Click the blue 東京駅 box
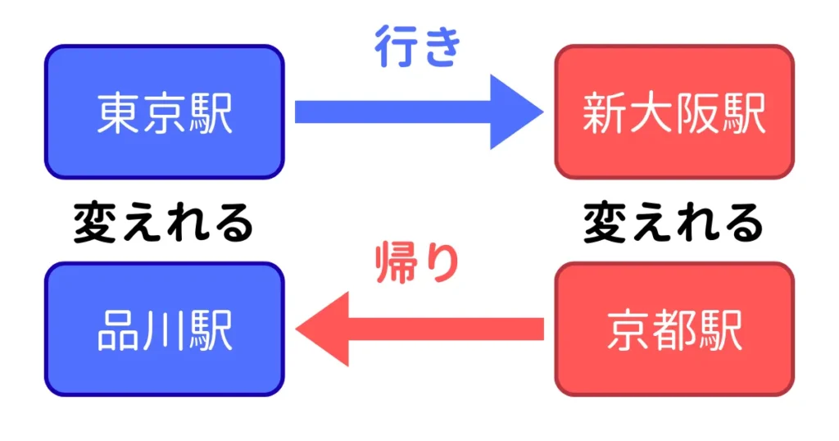pos(164,112)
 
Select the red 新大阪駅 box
pos(674,112)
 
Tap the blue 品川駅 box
pos(164,330)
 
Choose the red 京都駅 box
pos(674,330)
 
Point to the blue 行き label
pos(418,48)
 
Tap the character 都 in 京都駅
pos(674,330)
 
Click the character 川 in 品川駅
pos(164,330)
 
